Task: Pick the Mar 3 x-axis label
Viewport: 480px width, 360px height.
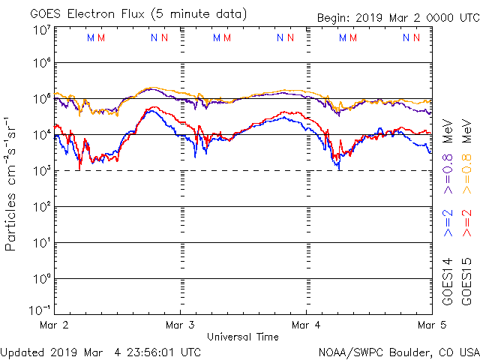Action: pos(180,325)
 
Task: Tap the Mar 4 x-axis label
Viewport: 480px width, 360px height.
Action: pos(306,325)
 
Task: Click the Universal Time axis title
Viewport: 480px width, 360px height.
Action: pos(242,337)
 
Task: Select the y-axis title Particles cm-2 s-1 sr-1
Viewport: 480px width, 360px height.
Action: pos(12,184)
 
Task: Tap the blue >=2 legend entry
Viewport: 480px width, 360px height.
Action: pos(448,223)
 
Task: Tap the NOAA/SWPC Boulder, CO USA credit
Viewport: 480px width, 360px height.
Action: pos(398,351)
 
